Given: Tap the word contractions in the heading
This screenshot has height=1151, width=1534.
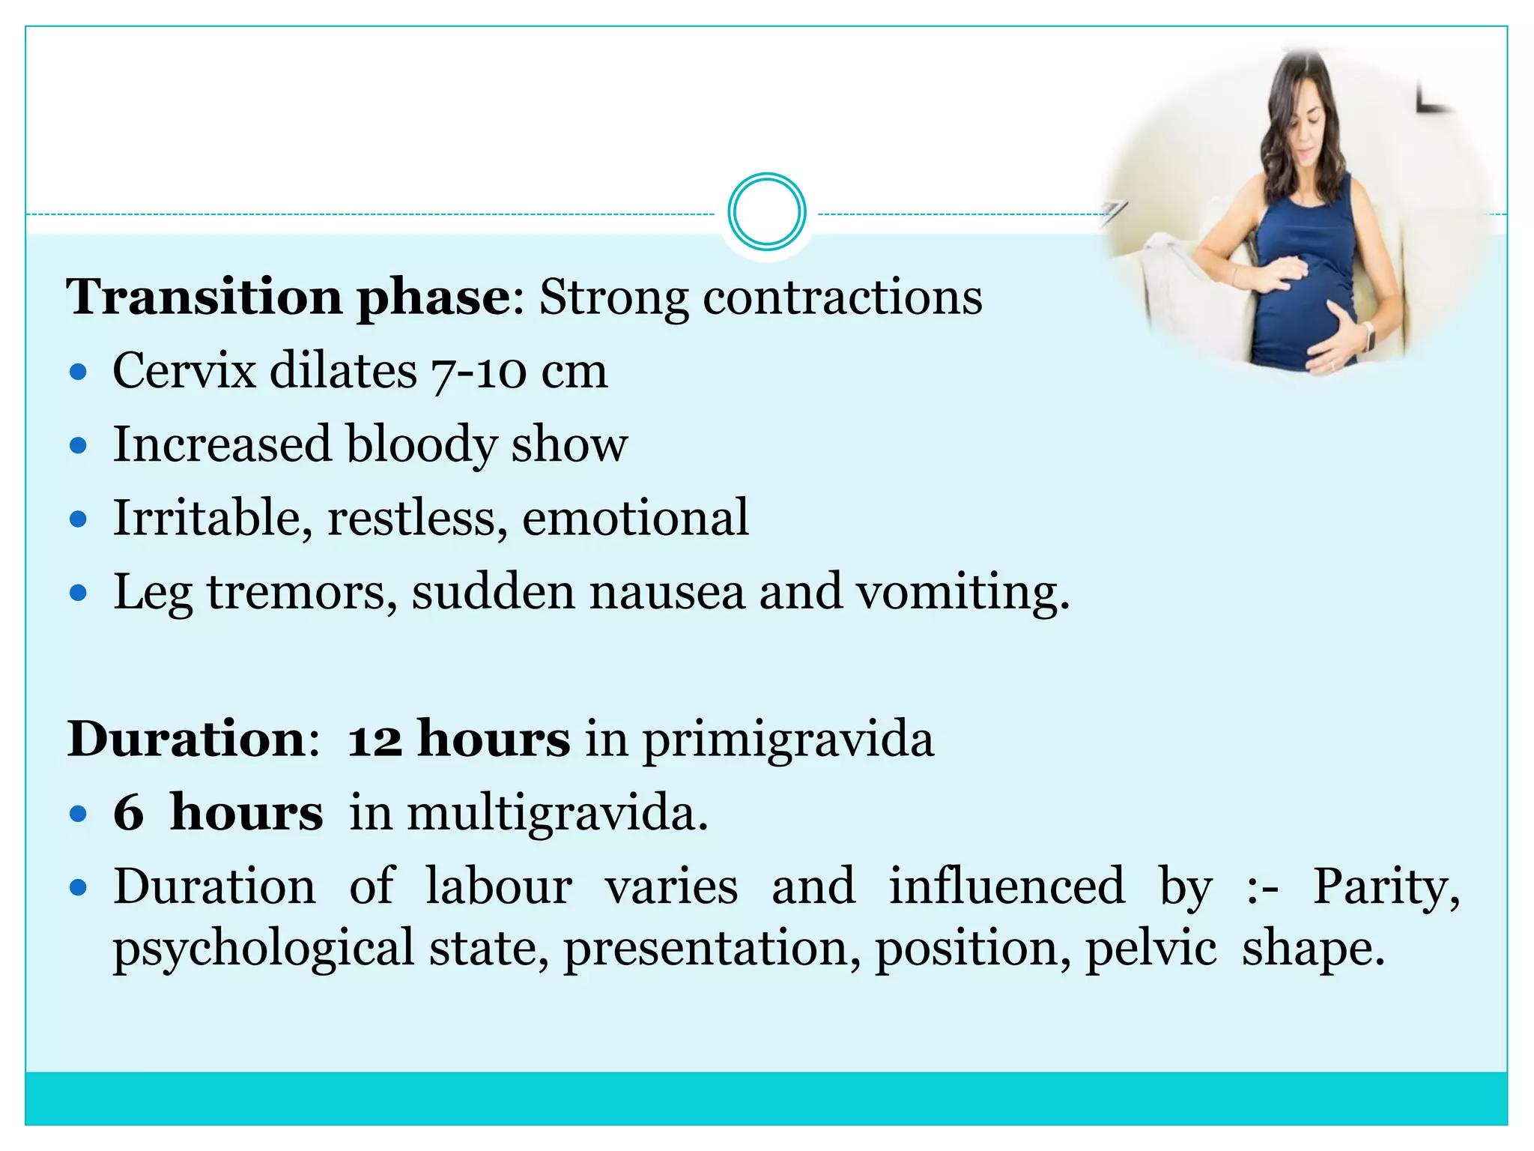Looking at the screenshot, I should (842, 297).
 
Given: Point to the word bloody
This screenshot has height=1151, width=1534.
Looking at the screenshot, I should (421, 444).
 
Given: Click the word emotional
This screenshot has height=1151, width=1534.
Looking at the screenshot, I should (635, 518).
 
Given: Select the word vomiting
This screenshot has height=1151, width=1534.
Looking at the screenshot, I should (962, 592).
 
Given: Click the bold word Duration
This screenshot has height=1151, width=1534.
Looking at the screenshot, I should (187, 739).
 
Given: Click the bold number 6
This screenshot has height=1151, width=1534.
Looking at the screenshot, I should (129, 812).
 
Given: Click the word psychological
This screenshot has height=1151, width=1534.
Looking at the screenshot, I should (264, 949).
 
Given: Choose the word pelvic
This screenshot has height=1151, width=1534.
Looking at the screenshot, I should (1150, 949).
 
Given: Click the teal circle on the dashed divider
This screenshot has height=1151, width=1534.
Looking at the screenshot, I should (766, 212).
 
